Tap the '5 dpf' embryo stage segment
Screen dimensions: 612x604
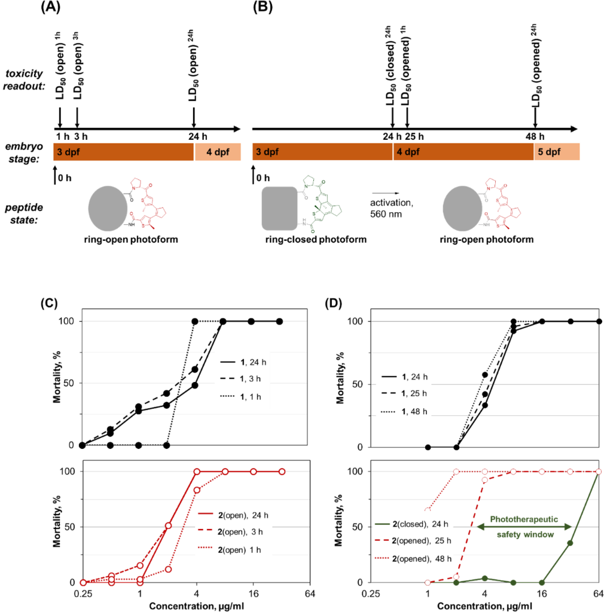click(557, 151)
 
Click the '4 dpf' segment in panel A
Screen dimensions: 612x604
click(217, 151)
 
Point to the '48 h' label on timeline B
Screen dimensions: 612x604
click(533, 134)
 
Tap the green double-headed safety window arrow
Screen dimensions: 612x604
click(525, 526)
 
